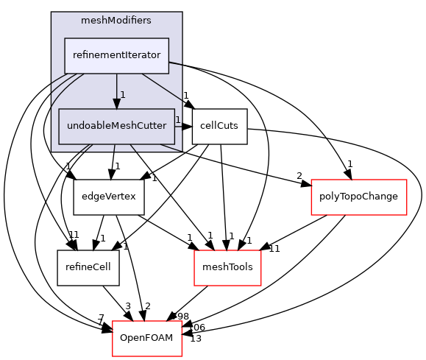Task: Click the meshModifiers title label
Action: pos(116,21)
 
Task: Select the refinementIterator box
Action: pos(116,56)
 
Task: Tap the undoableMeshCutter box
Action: pos(116,126)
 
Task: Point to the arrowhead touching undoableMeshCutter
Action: pos(116,104)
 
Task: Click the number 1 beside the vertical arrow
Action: pos(123,94)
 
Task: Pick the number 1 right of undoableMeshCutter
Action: pos(178,119)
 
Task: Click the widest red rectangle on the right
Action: pos(359,197)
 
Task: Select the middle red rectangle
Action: pos(227,268)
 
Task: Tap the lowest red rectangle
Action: pos(147,339)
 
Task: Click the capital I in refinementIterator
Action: pos(129,56)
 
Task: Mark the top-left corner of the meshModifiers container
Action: pos(52,13)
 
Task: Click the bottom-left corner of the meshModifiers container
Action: pos(52,152)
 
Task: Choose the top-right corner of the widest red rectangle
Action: pos(407,180)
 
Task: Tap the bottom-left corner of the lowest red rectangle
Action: pos(113,356)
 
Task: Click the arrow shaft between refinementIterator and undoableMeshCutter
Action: pos(116,87)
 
